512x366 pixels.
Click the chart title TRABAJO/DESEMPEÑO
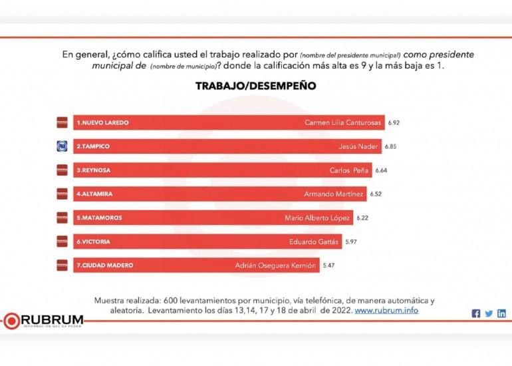click(x=255, y=87)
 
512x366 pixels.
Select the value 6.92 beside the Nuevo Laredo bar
click(x=394, y=123)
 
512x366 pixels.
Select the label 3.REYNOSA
click(x=94, y=170)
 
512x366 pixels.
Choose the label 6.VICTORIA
click(x=94, y=242)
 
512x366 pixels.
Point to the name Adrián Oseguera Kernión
click(x=275, y=265)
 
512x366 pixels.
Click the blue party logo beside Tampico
click(x=62, y=146)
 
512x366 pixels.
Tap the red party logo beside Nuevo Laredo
click(x=62, y=123)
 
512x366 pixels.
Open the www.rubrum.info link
click(x=386, y=311)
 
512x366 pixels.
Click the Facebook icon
click(x=476, y=313)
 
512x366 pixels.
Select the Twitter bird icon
click(x=489, y=313)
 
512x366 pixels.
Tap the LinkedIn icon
click(x=501, y=313)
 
